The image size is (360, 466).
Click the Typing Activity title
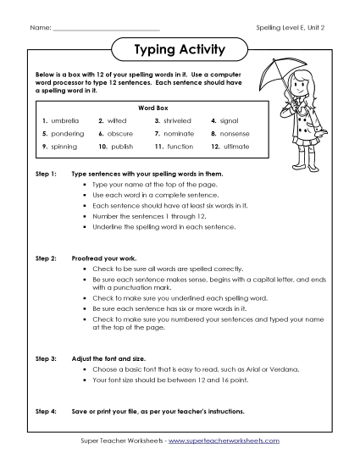tap(180, 50)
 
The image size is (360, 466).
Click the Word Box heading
tap(150, 108)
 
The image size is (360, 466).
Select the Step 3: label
tap(46, 359)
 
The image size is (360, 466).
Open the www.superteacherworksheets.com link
tap(226, 441)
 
